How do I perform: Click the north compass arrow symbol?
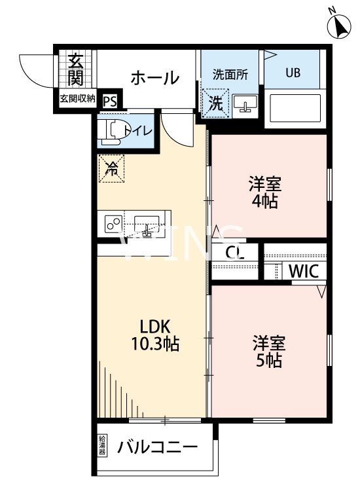click(339, 25)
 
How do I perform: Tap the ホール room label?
click(154, 79)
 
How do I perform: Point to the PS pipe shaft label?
click(110, 101)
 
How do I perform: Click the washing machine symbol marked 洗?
click(215, 102)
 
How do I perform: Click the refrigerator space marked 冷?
click(112, 169)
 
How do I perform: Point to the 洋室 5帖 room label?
click(268, 352)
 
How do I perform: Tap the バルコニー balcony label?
click(158, 448)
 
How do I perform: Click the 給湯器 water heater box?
click(102, 445)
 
